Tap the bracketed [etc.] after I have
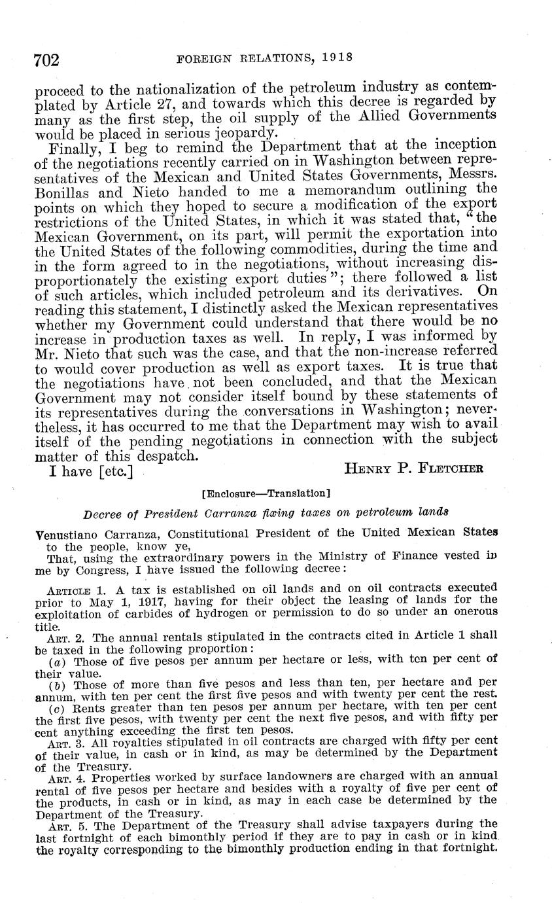116,471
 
